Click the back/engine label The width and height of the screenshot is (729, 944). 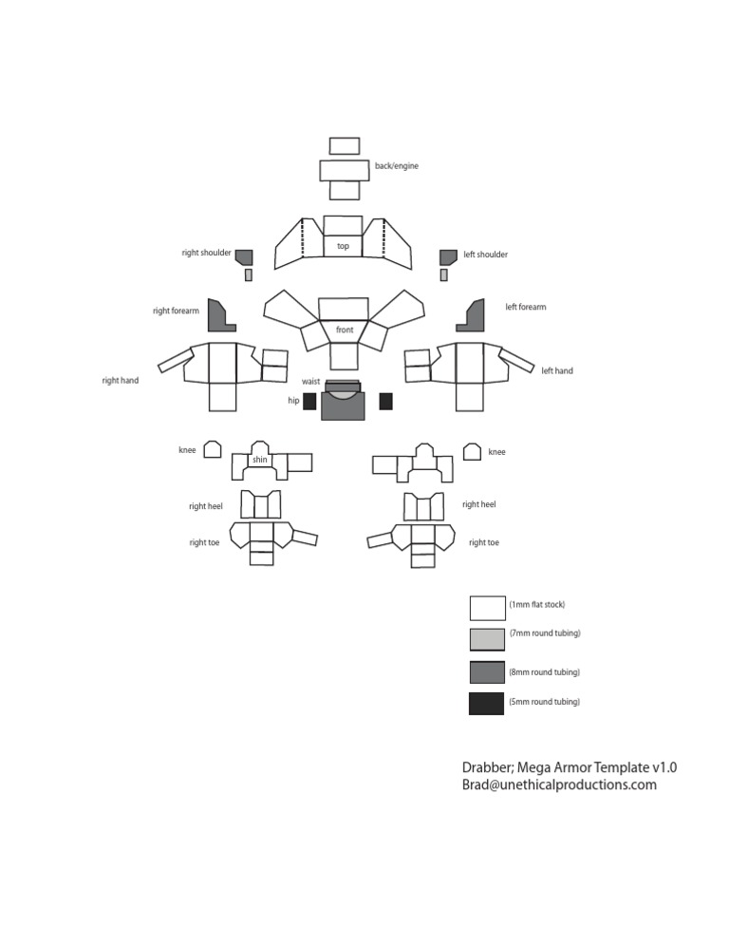[x=396, y=166]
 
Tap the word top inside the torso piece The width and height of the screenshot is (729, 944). [x=343, y=246]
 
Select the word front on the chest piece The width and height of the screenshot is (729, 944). [x=344, y=330]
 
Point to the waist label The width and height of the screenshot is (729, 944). [x=310, y=381]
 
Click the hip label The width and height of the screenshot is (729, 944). [x=293, y=401]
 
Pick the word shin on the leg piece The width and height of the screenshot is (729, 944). [x=260, y=461]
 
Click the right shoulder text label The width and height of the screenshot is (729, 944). [x=206, y=253]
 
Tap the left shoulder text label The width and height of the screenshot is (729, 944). [x=485, y=255]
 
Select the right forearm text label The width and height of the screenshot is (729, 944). [x=176, y=311]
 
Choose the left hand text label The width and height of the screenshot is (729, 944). [x=557, y=371]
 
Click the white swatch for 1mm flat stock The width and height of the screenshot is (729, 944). [x=486, y=607]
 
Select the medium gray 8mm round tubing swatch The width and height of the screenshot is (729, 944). [x=486, y=672]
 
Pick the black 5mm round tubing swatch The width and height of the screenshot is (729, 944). [x=486, y=704]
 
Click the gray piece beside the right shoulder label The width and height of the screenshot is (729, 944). [x=244, y=256]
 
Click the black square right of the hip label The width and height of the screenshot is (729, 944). [x=309, y=401]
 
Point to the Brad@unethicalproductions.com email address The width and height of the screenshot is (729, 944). [x=559, y=785]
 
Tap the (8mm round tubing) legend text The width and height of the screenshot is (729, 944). [x=544, y=672]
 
